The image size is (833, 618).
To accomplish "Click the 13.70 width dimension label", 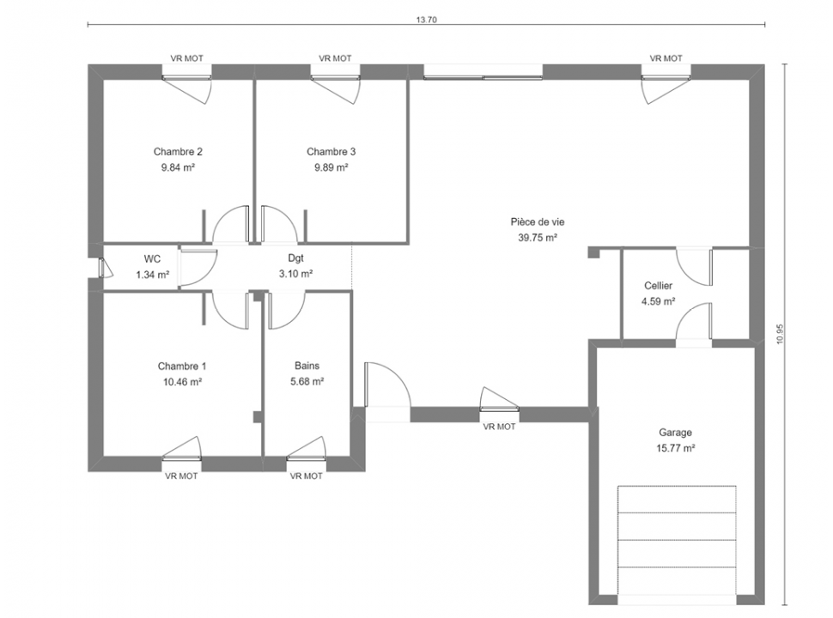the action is [426, 20].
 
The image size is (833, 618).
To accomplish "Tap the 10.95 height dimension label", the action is [780, 334].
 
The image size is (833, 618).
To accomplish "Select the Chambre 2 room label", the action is [178, 152].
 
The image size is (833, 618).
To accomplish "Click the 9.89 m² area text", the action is [331, 167].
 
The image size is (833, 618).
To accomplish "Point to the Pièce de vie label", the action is [538, 222].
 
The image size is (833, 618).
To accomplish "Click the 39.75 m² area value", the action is [538, 238].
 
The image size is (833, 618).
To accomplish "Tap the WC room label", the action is [153, 259].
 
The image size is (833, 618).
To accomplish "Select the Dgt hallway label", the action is [296, 258].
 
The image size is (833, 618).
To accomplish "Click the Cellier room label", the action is [658, 286].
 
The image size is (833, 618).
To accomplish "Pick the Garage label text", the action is [675, 433].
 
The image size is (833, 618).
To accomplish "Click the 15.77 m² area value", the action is [676, 448].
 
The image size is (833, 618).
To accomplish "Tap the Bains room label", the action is [307, 366].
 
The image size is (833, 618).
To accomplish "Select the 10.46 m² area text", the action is [182, 382].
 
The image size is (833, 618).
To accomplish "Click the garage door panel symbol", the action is [677, 540].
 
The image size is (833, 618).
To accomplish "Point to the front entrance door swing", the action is [387, 385].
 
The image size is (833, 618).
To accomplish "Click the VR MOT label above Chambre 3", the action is [335, 58].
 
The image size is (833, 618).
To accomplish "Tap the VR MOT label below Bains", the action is [306, 476].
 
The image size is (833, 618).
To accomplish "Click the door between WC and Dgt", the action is [198, 269].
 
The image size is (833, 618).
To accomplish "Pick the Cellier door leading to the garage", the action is [694, 321].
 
